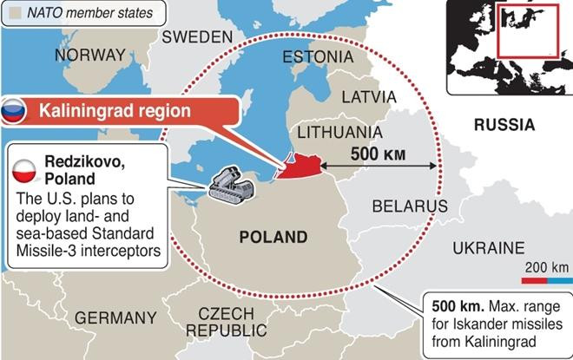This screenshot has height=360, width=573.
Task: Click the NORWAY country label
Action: pos(89,56)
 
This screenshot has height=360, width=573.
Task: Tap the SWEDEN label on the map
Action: pos(198,36)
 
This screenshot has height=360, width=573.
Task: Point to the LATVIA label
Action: pos(369,96)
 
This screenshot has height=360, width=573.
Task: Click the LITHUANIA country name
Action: pos(339,132)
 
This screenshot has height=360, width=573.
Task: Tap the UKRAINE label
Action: pos(489,248)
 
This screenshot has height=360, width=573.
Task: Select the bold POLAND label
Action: pos(273,237)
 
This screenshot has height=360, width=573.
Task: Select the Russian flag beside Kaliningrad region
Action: pos(13,111)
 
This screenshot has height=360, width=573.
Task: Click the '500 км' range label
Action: pos(379,153)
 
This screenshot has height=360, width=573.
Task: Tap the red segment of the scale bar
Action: pos(533,281)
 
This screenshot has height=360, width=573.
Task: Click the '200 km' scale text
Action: pos(547,266)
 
